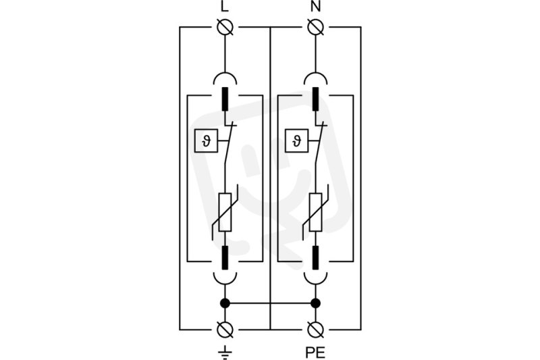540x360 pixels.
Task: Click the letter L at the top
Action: point(225,7)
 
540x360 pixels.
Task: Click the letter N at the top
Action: point(315,7)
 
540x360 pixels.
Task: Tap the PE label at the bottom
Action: point(315,353)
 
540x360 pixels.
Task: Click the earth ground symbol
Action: point(225,353)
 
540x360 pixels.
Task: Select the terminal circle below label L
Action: point(225,27)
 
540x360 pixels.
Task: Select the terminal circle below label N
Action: point(315,27)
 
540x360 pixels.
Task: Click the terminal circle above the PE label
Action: point(315,330)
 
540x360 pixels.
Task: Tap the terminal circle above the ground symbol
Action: point(225,330)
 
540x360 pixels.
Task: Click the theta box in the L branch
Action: point(206,140)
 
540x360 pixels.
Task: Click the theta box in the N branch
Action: point(296,140)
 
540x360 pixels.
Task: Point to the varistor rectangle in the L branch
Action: point(225,212)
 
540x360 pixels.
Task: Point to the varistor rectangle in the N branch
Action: point(315,212)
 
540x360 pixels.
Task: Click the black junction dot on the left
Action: point(225,303)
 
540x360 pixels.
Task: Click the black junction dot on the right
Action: point(315,303)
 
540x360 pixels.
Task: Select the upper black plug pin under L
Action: point(225,99)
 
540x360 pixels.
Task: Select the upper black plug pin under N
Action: point(315,99)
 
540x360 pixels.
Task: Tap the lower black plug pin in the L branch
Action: point(225,258)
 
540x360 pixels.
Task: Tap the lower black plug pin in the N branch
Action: point(315,258)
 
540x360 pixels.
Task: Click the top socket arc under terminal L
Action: point(225,73)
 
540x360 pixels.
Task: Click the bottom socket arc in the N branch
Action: point(315,284)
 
